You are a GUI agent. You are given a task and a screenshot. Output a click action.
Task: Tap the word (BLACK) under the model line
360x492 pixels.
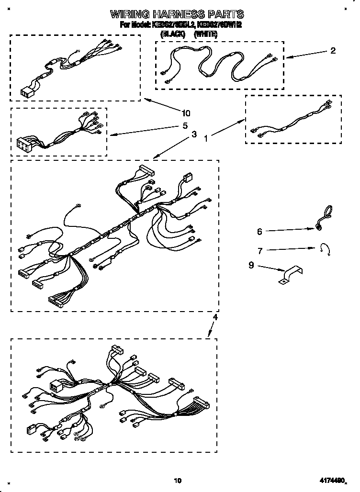coord(172,34)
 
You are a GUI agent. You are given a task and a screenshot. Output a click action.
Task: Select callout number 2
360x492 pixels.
coord(333,51)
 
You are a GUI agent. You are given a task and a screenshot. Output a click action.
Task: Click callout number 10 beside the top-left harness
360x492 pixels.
coord(186,113)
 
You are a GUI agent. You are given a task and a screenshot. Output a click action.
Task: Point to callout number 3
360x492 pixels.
coord(193,135)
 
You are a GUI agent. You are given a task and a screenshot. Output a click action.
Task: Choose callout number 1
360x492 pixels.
coord(206,138)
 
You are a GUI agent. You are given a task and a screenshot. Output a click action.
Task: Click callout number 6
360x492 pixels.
coord(259,232)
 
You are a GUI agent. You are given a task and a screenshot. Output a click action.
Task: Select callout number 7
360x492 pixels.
coord(259,250)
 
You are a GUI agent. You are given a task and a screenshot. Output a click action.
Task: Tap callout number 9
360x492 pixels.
coord(251,266)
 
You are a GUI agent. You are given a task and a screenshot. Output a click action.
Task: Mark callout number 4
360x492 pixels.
coord(215,317)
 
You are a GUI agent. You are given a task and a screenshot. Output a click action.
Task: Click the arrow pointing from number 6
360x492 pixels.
coord(290,230)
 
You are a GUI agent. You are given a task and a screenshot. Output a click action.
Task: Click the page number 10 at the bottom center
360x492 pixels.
coord(178,480)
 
